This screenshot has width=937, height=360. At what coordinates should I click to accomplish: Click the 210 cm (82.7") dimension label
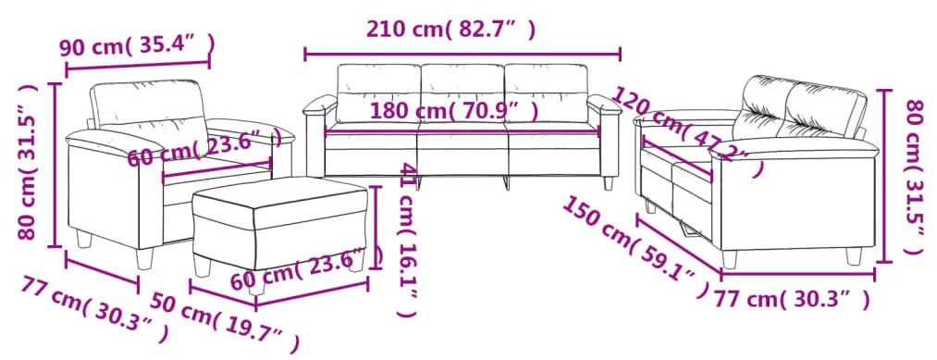(x=450, y=30)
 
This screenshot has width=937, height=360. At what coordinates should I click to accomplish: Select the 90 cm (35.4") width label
(x=137, y=45)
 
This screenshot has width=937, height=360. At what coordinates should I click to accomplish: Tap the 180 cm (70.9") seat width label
(x=454, y=111)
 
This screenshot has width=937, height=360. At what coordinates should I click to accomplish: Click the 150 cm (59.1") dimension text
(x=636, y=246)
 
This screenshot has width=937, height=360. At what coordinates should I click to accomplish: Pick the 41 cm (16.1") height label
(x=407, y=239)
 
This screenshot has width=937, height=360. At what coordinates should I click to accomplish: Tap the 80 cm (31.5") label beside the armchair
(x=28, y=162)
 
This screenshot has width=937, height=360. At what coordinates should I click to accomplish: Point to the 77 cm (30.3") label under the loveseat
(x=793, y=298)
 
